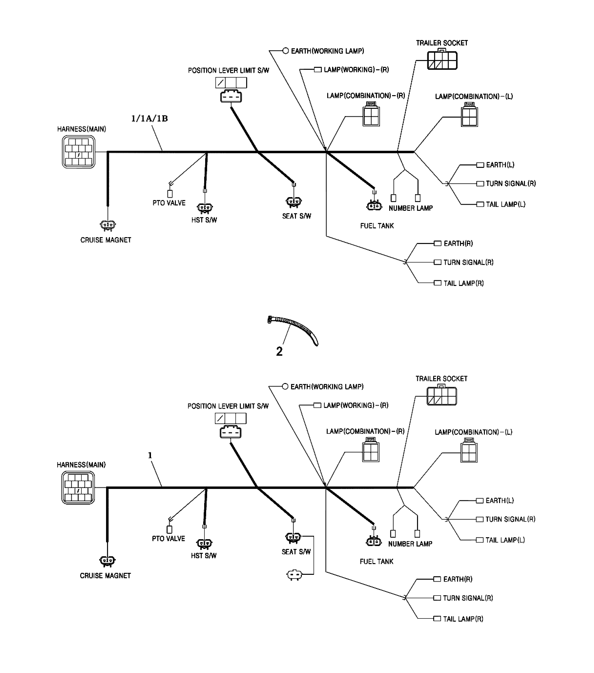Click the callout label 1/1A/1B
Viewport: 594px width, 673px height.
click(150, 119)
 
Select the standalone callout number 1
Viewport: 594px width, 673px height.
click(150, 455)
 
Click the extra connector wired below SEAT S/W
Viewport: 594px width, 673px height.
click(294, 575)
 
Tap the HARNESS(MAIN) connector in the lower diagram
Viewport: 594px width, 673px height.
click(78, 488)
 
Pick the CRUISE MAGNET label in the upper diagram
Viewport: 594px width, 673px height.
click(106, 240)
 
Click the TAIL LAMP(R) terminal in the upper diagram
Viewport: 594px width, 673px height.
click(438, 283)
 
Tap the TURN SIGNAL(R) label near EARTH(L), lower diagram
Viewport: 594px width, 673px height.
click(510, 519)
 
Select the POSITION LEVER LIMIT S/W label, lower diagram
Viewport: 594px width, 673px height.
click(228, 406)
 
